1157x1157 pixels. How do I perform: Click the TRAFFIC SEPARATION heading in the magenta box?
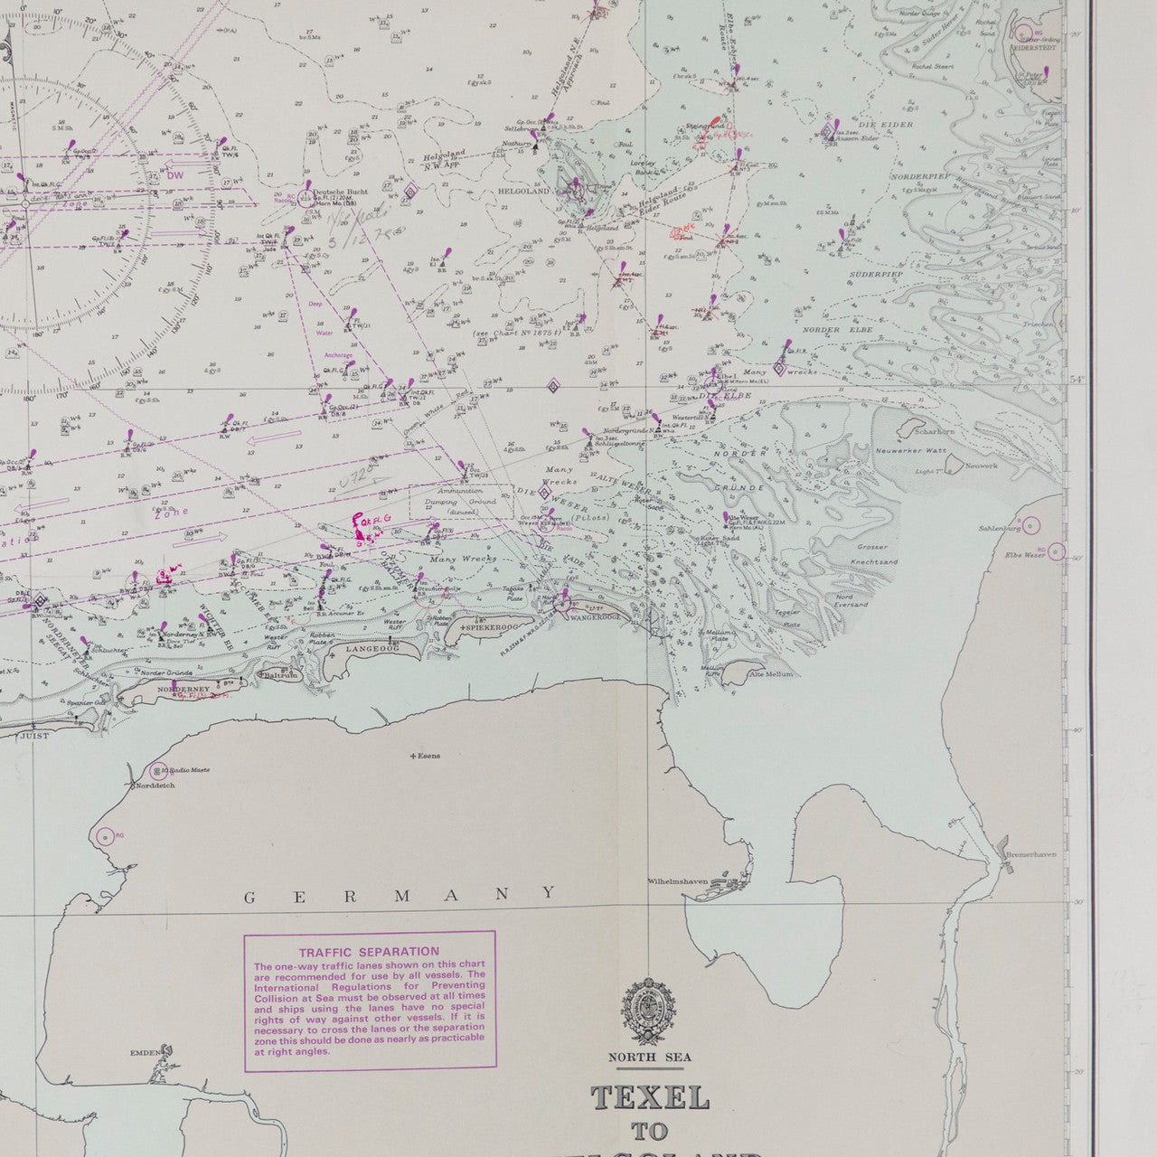click(x=369, y=952)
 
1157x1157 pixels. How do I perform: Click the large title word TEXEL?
click(x=650, y=1097)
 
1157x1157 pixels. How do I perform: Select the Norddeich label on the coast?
click(x=153, y=785)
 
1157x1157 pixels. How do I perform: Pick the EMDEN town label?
click(x=145, y=1052)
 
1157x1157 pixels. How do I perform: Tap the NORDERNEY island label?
click(x=176, y=689)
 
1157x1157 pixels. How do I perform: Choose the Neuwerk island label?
click(x=982, y=466)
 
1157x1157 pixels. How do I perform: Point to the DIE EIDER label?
click(x=889, y=125)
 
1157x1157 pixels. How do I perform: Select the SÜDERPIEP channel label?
click(x=876, y=274)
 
